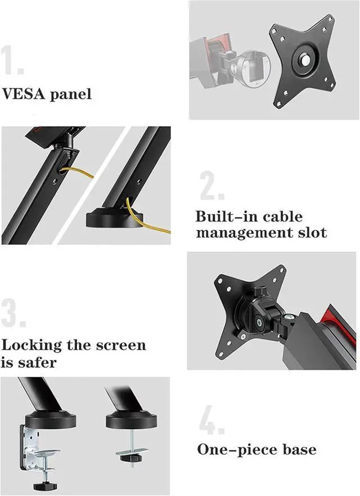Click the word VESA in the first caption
(24, 94)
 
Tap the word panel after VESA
(70, 94)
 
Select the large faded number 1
(12, 60)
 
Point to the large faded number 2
(212, 186)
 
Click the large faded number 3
(13, 313)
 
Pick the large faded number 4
(212, 420)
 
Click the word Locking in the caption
(31, 345)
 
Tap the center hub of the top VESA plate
(303, 60)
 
